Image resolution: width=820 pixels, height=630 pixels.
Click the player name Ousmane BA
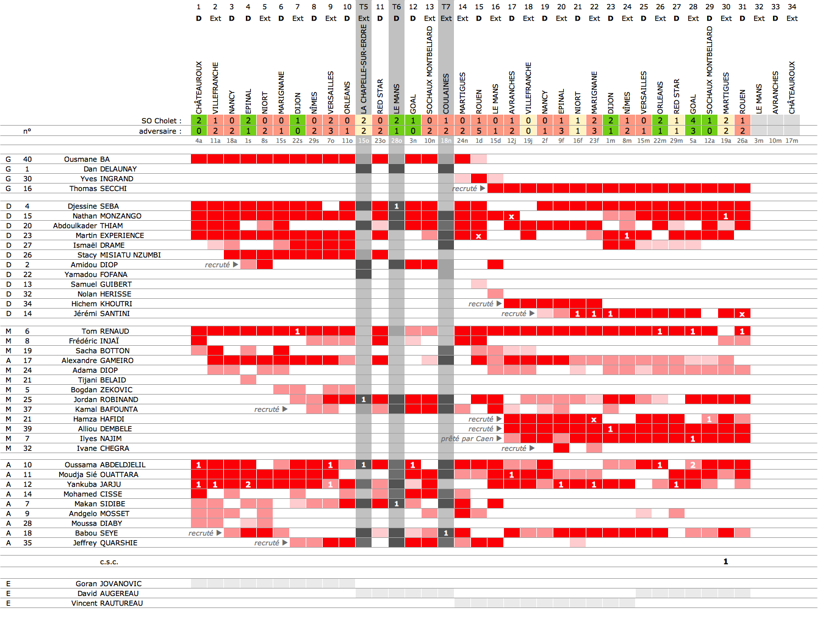pos(87,159)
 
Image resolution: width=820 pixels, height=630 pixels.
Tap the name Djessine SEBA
pos(93,206)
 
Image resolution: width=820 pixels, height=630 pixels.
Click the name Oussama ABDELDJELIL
pos(105,465)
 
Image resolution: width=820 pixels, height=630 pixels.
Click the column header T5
pos(364,7)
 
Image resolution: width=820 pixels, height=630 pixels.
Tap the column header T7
pos(446,7)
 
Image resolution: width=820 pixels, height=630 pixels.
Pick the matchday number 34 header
pos(792,7)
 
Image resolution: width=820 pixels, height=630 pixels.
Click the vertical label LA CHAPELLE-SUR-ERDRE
pos(364,70)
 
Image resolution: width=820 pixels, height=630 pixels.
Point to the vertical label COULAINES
pos(446,93)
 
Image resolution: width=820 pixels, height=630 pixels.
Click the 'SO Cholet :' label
pos(161,121)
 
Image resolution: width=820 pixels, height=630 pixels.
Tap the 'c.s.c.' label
pos(109,562)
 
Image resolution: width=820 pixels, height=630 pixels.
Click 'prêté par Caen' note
pos(467,438)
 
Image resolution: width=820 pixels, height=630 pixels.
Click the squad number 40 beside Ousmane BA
pos(27,159)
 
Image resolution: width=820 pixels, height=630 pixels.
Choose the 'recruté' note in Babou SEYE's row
pos(201,533)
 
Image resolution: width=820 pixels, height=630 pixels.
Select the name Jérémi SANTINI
pos(101,313)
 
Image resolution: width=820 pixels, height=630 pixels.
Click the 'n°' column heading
pos(27,131)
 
